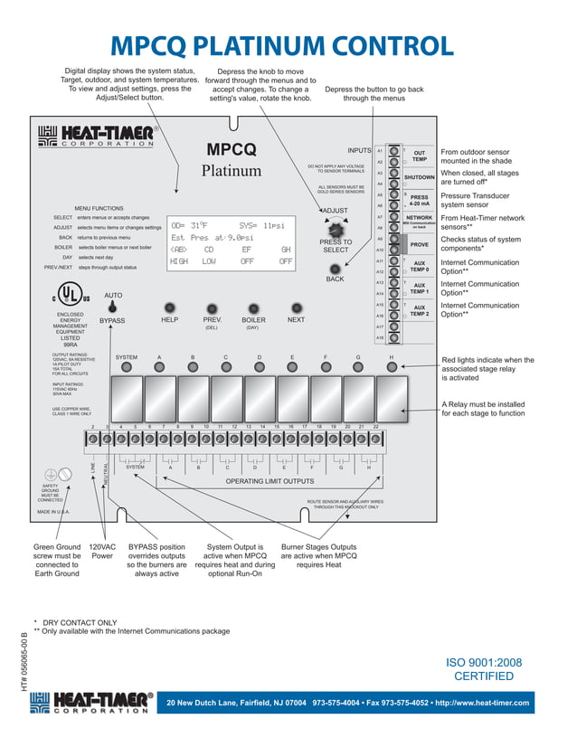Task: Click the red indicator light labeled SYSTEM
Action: tap(127, 367)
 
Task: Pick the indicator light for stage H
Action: tap(391, 367)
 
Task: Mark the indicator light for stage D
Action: tap(259, 367)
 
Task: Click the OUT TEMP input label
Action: tap(420, 156)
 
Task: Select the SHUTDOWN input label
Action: tap(420, 178)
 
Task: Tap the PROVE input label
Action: tap(420, 244)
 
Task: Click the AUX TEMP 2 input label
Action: tap(420, 310)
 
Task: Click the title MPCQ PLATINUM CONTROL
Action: tap(281, 46)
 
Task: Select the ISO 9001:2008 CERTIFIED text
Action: tap(483, 669)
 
